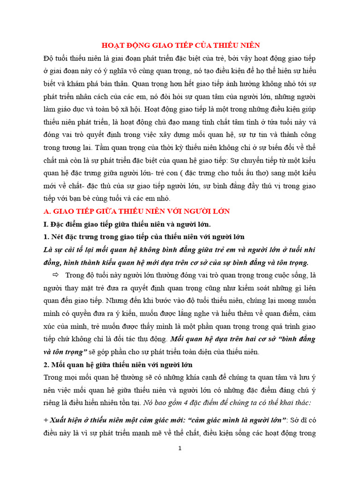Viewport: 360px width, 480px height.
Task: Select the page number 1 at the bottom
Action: click(x=180, y=448)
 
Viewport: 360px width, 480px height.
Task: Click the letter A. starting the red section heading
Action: click(x=46, y=211)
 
